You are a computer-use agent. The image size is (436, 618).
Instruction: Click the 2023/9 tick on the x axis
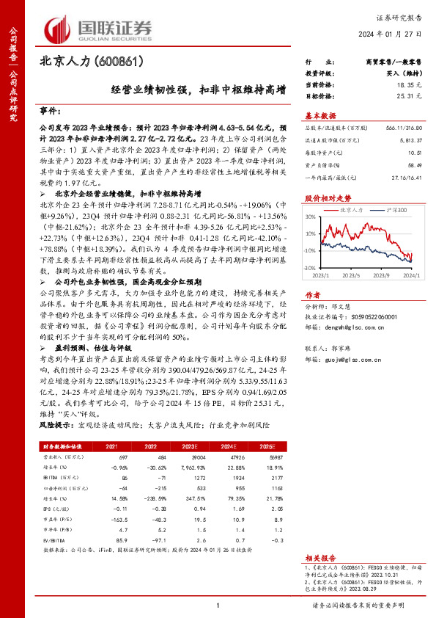click(380, 296)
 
